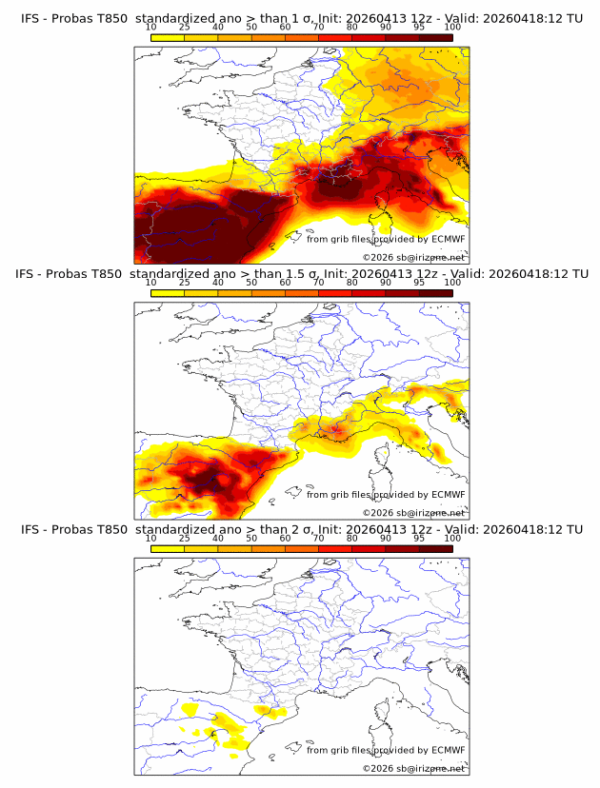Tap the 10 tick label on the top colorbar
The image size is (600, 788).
pos(151,28)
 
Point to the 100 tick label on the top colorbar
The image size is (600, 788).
pos(452,28)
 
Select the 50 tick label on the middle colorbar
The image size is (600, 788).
pos(251,283)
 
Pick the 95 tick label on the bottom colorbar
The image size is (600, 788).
pos(419,539)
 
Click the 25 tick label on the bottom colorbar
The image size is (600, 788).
pos(185,539)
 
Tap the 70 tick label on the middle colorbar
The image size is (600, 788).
pos(319,283)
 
